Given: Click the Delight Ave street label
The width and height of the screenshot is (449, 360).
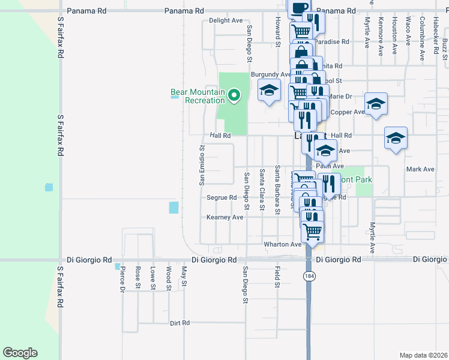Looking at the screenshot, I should point(226,20).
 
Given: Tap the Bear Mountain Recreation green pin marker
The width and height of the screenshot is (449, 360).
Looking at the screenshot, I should point(234,94).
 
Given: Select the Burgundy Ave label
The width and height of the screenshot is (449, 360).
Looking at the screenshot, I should point(271,74).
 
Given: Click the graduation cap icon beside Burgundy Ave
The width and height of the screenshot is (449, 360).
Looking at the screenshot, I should point(270,91).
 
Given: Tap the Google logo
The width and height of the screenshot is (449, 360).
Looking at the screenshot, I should point(20,353).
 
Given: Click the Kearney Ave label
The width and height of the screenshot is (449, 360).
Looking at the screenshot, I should point(224,217).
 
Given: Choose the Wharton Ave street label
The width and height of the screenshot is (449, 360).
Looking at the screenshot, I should point(283,245).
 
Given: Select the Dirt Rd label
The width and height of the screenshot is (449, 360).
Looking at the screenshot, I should point(179,323).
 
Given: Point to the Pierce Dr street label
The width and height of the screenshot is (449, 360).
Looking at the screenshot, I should point(121,278).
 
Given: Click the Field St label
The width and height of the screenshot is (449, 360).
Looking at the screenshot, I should point(277,276).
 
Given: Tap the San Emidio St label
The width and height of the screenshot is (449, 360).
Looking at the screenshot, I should point(202,164).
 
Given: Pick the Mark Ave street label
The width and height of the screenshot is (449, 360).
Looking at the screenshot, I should point(420,169).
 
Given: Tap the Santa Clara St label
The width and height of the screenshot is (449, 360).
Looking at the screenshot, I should point(262,190).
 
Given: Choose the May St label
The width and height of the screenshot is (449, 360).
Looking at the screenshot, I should point(184,278).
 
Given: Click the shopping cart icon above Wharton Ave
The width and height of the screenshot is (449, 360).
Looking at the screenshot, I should point(312,230).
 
